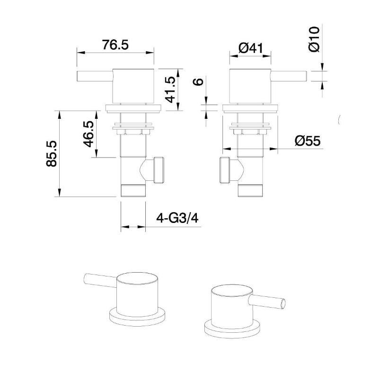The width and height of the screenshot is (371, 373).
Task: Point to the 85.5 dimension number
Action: [x=51, y=153]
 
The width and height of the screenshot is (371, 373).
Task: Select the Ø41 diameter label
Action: [x=251, y=48]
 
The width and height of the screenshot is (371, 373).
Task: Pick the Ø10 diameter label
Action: [x=314, y=39]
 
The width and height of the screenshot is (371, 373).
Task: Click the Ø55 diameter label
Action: [x=307, y=141]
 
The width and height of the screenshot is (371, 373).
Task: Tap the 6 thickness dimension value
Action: [x=199, y=81]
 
